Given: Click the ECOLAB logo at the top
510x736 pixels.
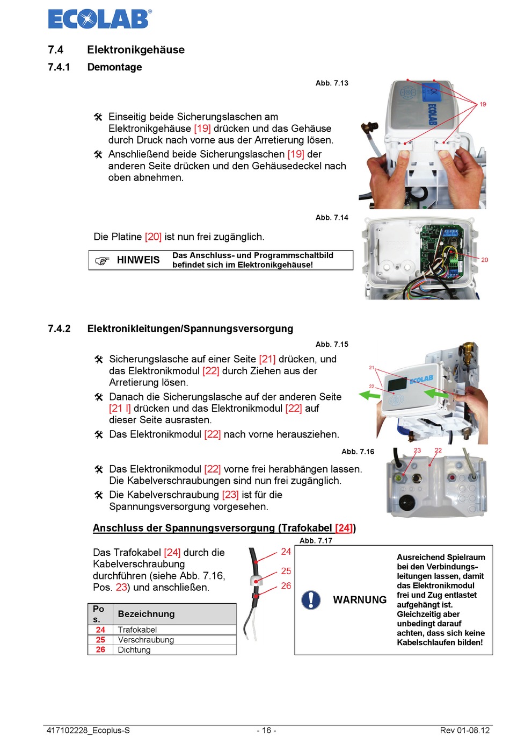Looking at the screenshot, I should (x=99, y=19).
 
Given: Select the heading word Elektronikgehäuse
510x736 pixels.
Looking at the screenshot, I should (x=136, y=50).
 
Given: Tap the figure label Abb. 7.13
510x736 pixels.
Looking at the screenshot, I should (x=332, y=83).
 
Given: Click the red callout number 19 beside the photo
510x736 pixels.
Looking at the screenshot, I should (x=483, y=104).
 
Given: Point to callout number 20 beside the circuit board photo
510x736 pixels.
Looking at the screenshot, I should (x=484, y=260).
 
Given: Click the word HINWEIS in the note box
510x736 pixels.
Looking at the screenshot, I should (x=138, y=260).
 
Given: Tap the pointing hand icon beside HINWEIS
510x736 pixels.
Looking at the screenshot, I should (x=102, y=261).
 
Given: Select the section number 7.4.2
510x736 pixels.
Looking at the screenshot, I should (x=59, y=328).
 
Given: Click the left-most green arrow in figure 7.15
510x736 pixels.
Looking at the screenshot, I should (x=369, y=396).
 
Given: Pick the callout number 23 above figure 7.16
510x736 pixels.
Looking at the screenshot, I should (x=417, y=451).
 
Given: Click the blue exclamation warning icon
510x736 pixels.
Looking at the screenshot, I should (x=311, y=600).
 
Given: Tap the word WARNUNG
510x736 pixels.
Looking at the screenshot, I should (x=360, y=600).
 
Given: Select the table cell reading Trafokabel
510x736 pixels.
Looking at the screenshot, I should (x=137, y=630).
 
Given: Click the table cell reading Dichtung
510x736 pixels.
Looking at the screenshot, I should (x=134, y=650).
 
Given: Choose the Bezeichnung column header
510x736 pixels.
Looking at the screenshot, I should (x=146, y=614).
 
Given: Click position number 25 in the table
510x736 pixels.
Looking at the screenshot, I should (x=100, y=640).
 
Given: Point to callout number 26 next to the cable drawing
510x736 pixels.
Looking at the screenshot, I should (x=286, y=586).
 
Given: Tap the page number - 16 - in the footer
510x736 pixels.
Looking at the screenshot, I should (x=266, y=730).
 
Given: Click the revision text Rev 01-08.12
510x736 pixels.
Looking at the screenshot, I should (x=464, y=730).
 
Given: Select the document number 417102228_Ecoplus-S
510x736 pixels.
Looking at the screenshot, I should (x=88, y=730).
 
